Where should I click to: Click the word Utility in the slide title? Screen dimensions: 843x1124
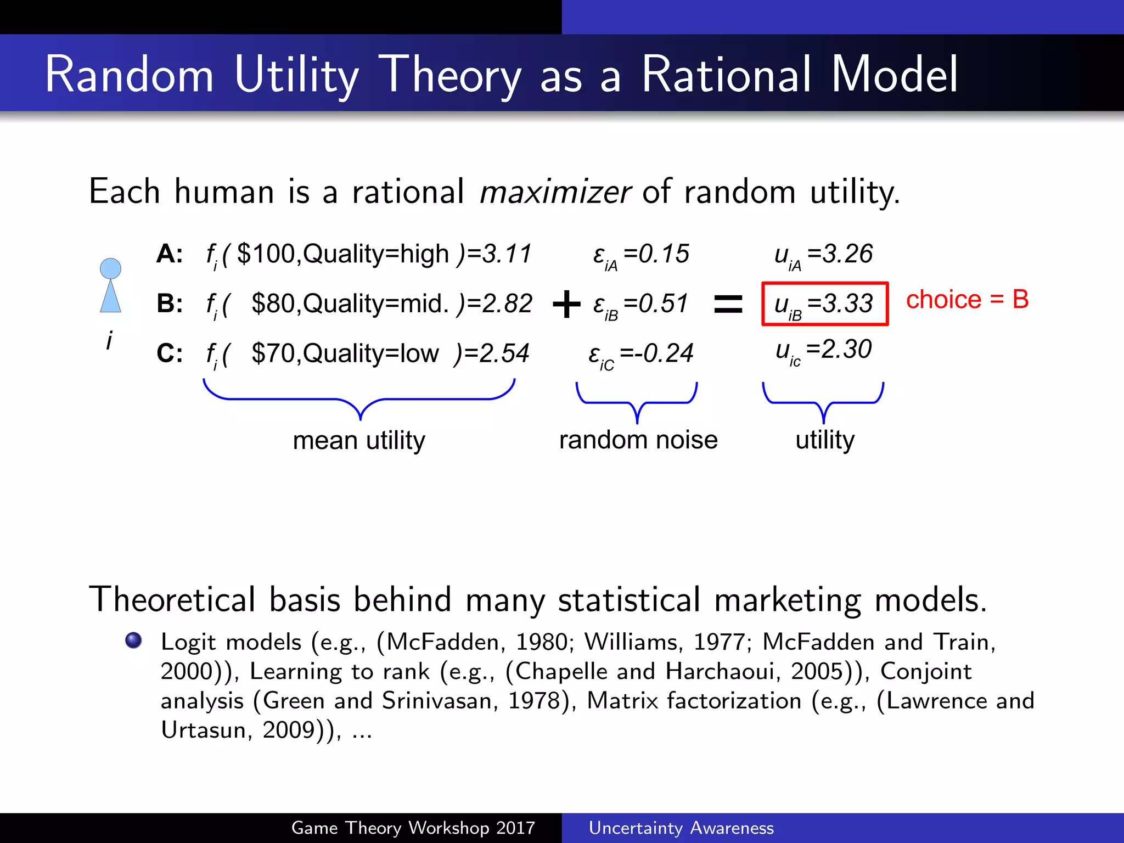[296, 75]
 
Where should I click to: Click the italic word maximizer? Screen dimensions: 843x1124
[555, 192]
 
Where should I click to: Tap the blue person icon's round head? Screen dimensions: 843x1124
[110, 268]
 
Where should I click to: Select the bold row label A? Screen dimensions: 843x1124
[169, 254]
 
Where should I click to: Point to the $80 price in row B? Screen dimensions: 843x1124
[274, 304]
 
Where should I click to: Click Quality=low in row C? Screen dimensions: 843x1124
[371, 353]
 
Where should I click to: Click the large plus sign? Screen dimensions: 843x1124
[566, 304]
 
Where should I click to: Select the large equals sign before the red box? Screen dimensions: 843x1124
[728, 304]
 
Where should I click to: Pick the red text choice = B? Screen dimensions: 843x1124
[967, 300]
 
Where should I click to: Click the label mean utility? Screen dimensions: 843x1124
[359, 440]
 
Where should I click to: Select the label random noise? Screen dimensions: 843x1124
[638, 440]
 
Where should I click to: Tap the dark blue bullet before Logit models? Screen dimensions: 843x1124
[133, 640]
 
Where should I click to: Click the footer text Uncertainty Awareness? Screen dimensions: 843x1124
[681, 828]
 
